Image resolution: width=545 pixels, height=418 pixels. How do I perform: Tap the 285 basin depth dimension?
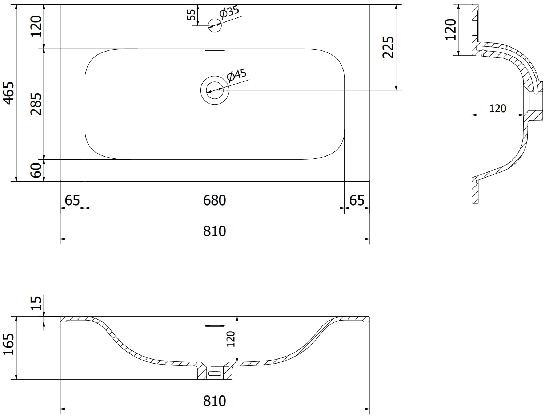[36, 104]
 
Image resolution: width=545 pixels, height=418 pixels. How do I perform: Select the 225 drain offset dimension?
[388, 47]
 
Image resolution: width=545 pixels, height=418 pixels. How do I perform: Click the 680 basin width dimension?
[215, 200]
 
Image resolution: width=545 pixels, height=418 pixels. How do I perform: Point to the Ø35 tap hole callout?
[229, 12]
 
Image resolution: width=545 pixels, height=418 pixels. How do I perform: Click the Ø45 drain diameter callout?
[237, 75]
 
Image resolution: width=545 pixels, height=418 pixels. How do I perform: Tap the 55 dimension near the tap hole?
[191, 15]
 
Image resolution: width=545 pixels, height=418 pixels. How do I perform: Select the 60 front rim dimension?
[36, 170]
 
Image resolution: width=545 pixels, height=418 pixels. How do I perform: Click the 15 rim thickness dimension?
[36, 303]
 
